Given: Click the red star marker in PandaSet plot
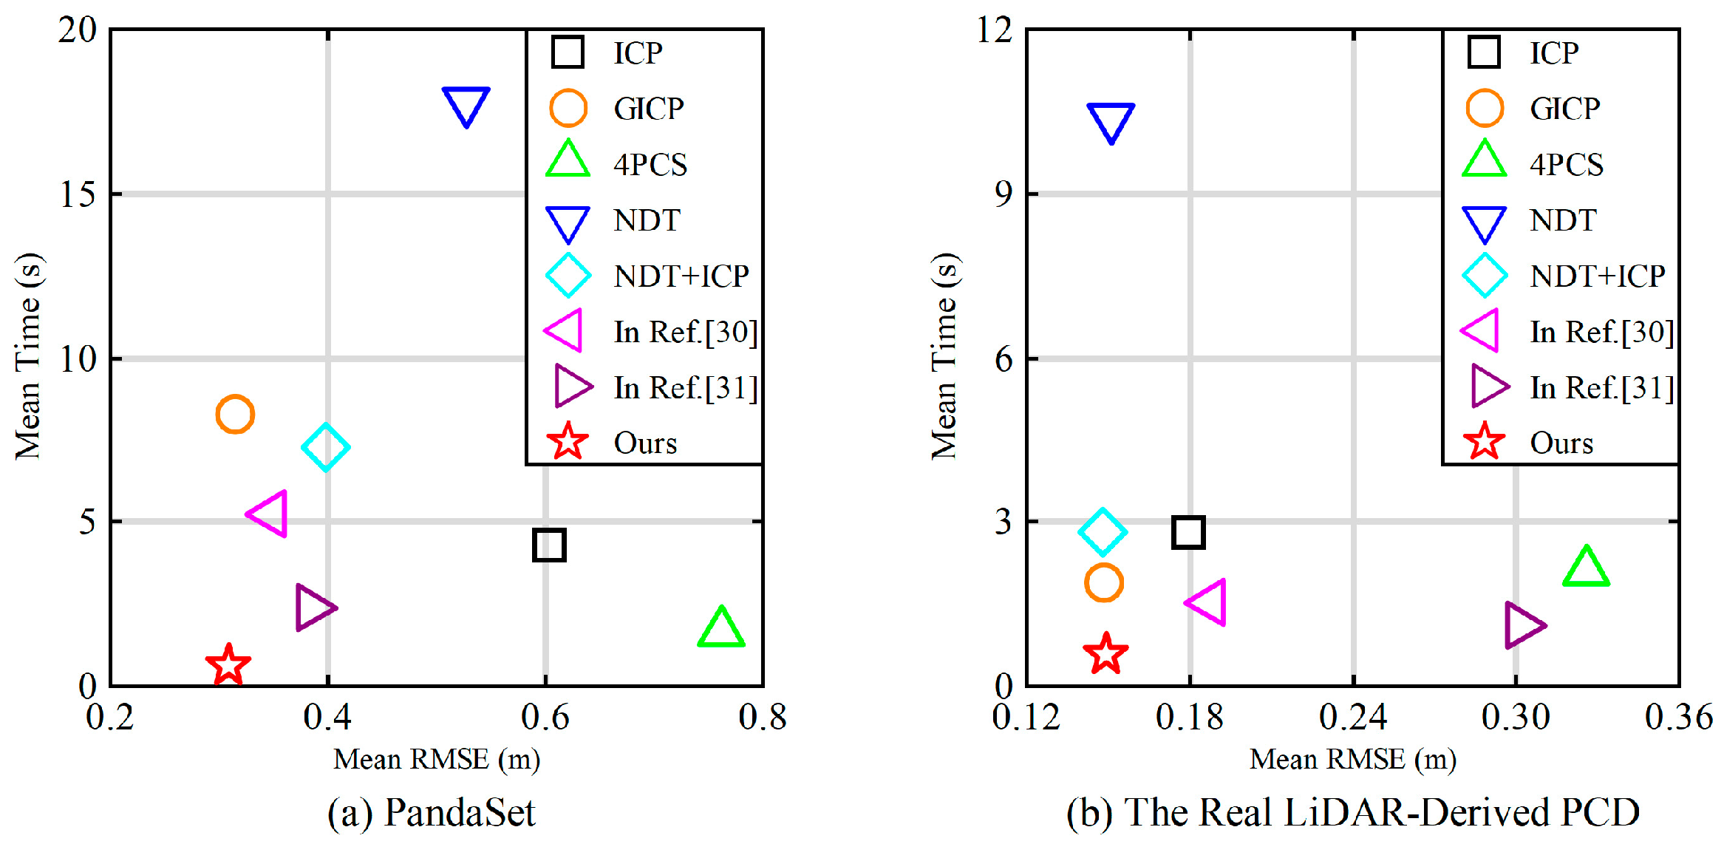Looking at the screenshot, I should pos(228,664).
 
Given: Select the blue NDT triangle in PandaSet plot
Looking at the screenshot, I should pos(466,104).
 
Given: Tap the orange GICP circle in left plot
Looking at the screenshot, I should pos(235,414).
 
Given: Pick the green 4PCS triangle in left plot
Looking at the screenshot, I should pos(720,629).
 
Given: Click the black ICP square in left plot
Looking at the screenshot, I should pos(549,545).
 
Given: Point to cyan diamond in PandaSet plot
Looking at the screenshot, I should pos(325,447).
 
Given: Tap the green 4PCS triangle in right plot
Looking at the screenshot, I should pos(1586,569).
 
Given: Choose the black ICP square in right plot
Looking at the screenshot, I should pos(1188,532).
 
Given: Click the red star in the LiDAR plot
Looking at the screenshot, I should pos(1105,654).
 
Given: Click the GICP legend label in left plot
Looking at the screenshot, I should pos(649,109).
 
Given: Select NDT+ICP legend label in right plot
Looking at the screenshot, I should pos(1598,276).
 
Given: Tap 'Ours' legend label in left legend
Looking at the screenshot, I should pos(645,443).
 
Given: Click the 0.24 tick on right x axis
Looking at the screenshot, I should pos(1353,717).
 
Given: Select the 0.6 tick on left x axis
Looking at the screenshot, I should pos(545,717).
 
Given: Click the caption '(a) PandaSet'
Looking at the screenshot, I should pos(431,812).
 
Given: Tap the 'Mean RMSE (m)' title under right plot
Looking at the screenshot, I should pos(1352,759).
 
